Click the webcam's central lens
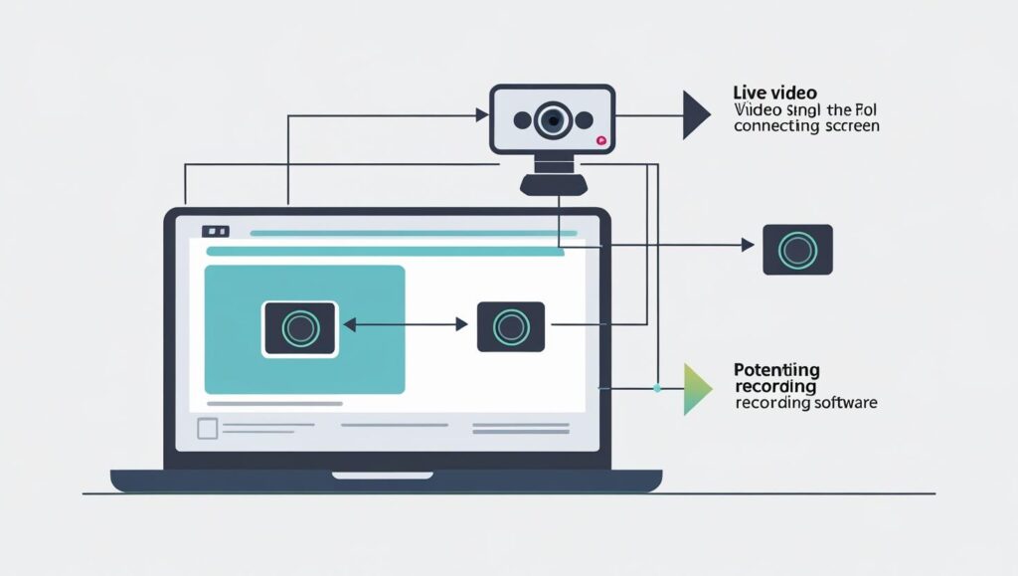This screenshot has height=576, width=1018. [x=553, y=120]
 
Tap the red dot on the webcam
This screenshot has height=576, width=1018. [x=600, y=141]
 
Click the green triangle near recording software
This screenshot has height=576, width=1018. [x=696, y=388]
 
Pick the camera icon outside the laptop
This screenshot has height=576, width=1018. [x=797, y=250]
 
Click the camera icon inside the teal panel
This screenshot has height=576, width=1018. [x=300, y=328]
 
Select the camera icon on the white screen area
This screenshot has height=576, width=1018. [x=510, y=326]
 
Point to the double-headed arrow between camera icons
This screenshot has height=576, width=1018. [x=405, y=324]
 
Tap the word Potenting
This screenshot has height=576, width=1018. [x=776, y=370]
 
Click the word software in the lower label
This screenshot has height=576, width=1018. [x=844, y=404]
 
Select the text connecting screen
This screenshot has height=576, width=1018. [x=806, y=126]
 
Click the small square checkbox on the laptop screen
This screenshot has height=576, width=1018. [x=207, y=429]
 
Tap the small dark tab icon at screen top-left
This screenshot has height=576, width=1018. [x=215, y=232]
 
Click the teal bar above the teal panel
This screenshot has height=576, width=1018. [x=384, y=253]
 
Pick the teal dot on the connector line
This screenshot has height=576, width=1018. [x=657, y=388]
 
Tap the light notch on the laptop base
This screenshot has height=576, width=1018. [x=386, y=475]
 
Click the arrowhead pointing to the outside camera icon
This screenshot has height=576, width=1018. [x=749, y=245]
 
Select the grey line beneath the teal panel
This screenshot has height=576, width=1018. [x=274, y=404]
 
